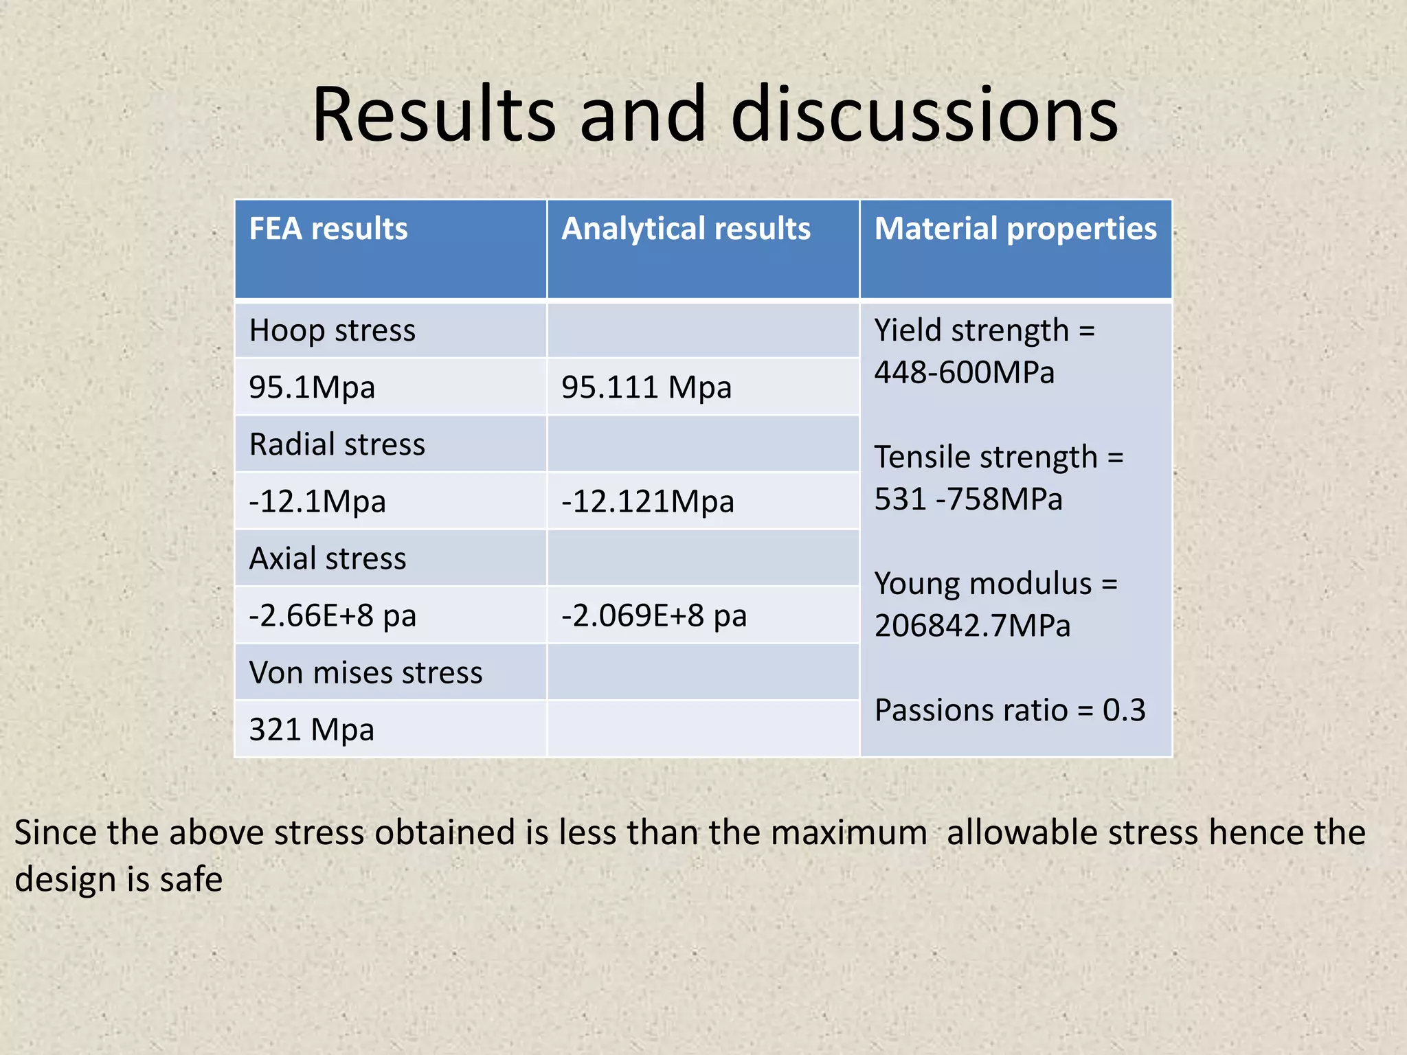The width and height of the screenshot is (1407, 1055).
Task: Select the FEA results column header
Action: click(x=328, y=229)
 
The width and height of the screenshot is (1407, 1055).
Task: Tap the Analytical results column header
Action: click(x=686, y=229)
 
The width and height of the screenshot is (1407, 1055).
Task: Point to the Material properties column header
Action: click(x=1015, y=229)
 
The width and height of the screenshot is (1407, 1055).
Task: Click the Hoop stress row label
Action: click(x=333, y=330)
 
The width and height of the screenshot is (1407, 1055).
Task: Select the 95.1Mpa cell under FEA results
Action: click(x=312, y=387)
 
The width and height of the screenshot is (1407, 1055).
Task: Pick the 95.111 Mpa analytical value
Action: click(x=646, y=387)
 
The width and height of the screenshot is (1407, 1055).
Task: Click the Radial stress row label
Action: click(x=337, y=444)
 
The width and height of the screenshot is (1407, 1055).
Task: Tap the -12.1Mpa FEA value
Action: click(x=317, y=501)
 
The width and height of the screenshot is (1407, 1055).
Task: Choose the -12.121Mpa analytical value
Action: click(x=648, y=501)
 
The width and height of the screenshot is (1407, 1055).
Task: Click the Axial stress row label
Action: click(x=328, y=558)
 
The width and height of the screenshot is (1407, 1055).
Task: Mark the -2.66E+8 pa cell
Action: click(x=333, y=615)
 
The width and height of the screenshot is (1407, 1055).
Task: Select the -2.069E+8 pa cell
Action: click(x=654, y=615)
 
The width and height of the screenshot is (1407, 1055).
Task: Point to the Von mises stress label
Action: click(x=365, y=672)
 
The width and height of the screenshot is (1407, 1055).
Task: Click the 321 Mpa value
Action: click(x=312, y=729)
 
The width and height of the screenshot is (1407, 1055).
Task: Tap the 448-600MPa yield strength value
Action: click(x=964, y=373)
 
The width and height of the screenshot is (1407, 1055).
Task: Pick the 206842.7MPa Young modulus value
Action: click(x=972, y=626)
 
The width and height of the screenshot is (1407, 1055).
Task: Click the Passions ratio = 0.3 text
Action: click(x=1010, y=710)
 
